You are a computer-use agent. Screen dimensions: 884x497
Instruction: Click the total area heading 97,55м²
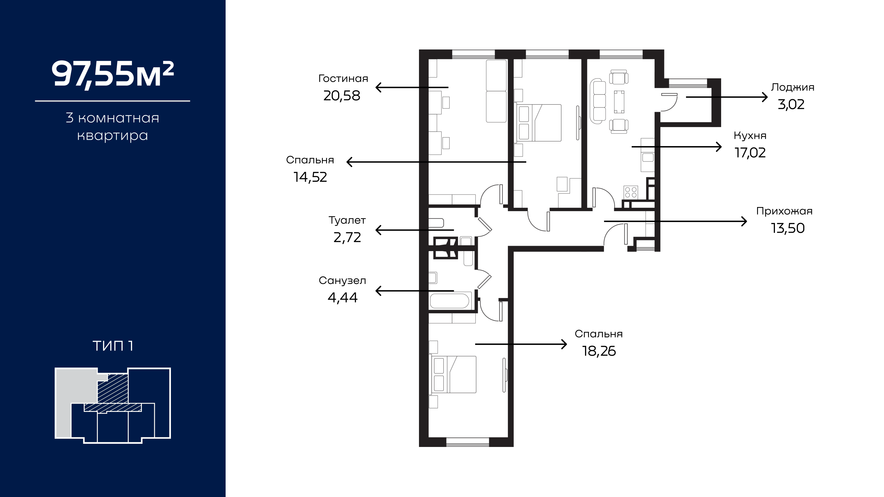point(113,74)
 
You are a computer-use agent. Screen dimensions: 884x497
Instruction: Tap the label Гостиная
point(343,79)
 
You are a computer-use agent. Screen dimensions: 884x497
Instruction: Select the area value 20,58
point(342,96)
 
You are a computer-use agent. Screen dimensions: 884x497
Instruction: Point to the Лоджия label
point(793,87)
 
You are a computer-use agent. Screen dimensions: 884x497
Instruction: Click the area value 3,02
point(791,104)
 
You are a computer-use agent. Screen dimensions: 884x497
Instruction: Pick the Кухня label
point(750,136)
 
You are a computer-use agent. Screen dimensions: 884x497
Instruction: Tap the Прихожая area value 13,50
point(788,228)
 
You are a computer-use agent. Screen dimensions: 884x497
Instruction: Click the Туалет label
point(347,220)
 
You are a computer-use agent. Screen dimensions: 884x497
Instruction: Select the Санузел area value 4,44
point(342,297)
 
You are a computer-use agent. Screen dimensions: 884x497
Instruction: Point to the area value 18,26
point(599,351)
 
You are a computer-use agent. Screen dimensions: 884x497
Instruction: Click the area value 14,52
point(310,177)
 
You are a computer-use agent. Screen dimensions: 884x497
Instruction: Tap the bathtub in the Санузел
point(449,301)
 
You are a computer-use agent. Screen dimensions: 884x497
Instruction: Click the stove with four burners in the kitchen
point(631,192)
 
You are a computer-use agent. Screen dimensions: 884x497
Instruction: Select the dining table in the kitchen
point(619,102)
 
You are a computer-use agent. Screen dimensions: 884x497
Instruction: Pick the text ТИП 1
point(113,346)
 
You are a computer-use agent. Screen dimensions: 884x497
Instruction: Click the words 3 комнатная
point(113,118)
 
